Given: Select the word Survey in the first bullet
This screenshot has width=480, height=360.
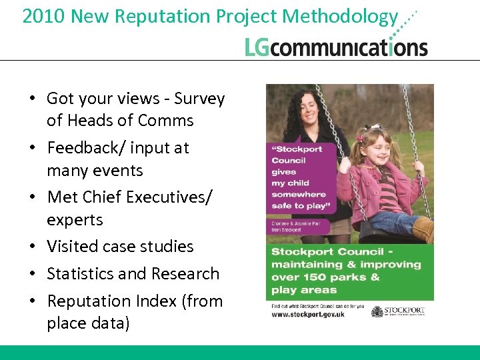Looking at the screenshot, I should click(199, 99).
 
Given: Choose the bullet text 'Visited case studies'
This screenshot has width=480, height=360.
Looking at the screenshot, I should click(120, 247).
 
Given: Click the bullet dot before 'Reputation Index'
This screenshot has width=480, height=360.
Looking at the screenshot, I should click(31, 302).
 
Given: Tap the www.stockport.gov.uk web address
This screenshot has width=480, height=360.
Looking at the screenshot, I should click(308, 314).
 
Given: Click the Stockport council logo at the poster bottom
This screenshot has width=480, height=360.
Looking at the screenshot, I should click(398, 311).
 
